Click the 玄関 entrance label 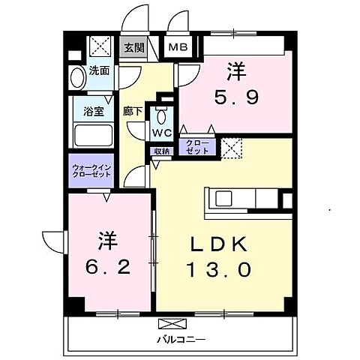coord(135,48)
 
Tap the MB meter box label coord(178,48)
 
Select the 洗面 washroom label coord(99,72)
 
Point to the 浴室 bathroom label coord(93,109)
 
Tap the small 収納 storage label coord(163,151)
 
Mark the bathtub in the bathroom coord(94,136)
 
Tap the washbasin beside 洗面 coord(77,77)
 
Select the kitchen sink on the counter coord(223,199)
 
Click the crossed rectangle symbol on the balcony coord(170,324)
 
